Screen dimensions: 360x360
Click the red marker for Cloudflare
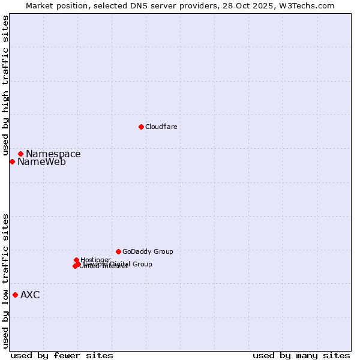pyautogui.click(x=141, y=127)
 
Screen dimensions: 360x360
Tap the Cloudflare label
pyautogui.click(x=161, y=127)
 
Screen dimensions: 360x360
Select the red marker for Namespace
pyautogui.click(x=20, y=154)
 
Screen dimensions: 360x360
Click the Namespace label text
pyautogui.click(x=53, y=154)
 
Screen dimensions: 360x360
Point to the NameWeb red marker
pyautogui.click(x=12, y=161)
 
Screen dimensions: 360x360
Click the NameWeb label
pyautogui.click(x=41, y=162)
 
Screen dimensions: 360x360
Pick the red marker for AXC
pyautogui.click(x=15, y=295)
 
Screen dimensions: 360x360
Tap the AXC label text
pyautogui.click(x=30, y=295)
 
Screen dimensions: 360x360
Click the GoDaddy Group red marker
pyautogui.click(x=118, y=251)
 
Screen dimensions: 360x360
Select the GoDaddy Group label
pyautogui.click(x=148, y=251)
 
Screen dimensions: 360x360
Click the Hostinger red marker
pyautogui.click(x=77, y=260)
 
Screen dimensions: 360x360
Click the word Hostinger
pyautogui.click(x=95, y=260)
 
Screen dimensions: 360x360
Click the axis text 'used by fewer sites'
pyautogui.click(x=62, y=355)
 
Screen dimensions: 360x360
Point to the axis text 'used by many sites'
pyautogui.click(x=301, y=355)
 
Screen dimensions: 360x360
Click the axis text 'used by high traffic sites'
pyautogui.click(x=6, y=86)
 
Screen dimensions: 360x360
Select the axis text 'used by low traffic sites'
pyautogui.click(x=6, y=280)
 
